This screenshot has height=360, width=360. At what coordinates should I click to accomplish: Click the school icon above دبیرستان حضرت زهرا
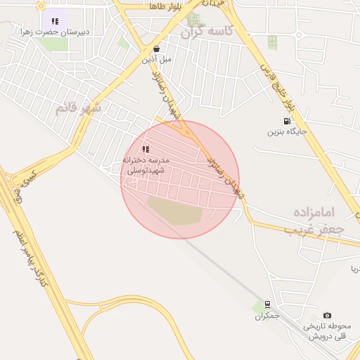coord(55,21)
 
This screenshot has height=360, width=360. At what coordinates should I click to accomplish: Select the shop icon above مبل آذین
coord(156,49)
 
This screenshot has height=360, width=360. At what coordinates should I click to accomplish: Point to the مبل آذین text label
coord(156,59)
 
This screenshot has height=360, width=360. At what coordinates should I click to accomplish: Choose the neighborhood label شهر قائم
coord(79,108)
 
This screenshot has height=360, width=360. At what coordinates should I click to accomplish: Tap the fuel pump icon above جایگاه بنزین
coord(286,121)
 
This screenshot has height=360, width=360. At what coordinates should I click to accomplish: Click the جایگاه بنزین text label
coord(285,131)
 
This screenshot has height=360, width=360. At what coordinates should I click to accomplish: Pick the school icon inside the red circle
coord(146,149)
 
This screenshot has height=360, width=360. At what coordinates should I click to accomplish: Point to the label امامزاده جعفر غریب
coord(317,219)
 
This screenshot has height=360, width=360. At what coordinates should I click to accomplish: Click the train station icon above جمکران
coord(266,305)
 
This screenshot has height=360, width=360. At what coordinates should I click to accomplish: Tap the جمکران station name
coord(267,316)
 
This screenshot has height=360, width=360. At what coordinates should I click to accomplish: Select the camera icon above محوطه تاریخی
coord(327,316)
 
